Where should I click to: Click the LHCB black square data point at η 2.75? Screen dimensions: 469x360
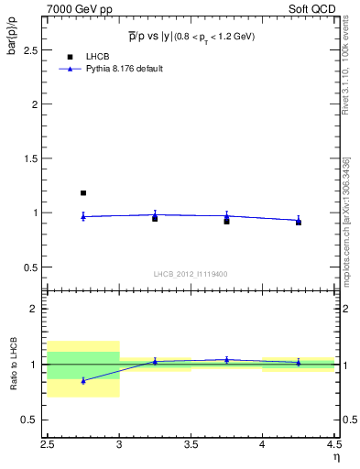[83, 193]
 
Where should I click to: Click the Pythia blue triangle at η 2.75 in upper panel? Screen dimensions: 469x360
[83, 216]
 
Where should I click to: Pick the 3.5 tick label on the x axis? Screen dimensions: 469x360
[191, 444]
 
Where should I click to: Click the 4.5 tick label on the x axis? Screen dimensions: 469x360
[333, 444]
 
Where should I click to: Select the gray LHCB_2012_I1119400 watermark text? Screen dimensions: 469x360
[191, 274]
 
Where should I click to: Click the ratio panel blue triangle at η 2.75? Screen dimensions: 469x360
[83, 380]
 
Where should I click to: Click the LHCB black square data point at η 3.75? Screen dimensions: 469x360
[226, 221]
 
